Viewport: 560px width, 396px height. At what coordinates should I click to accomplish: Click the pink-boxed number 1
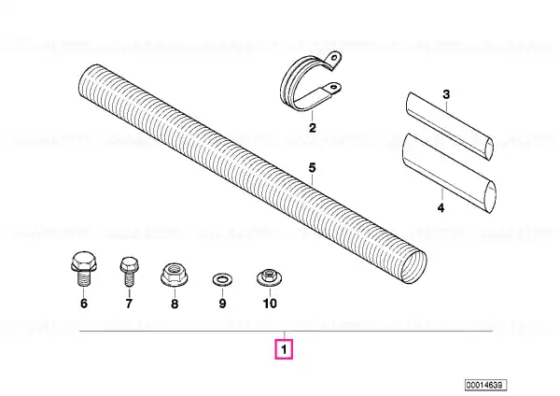[x=284, y=349]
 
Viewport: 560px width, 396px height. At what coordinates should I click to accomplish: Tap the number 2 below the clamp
[x=313, y=128]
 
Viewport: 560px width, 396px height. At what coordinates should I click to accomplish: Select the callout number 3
[x=446, y=94]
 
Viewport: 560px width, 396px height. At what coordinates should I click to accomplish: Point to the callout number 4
[x=441, y=207]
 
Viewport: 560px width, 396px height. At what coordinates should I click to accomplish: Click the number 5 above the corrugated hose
[x=312, y=167]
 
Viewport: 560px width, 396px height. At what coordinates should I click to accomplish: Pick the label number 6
[x=84, y=304]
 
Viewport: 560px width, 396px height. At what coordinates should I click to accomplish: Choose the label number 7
[x=129, y=304]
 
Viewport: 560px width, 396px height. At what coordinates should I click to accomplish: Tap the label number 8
[x=175, y=304]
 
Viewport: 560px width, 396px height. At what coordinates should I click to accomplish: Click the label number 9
[x=222, y=304]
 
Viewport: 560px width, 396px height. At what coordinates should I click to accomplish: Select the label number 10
[x=270, y=304]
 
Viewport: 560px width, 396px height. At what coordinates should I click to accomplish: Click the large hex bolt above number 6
[x=84, y=268]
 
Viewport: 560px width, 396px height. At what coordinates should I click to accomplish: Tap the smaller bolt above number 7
[x=129, y=271]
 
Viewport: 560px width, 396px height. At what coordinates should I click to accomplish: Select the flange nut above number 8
[x=175, y=275]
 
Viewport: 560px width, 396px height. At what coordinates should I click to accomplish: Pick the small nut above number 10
[x=270, y=276]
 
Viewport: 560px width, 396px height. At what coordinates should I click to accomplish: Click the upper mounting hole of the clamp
[x=334, y=58]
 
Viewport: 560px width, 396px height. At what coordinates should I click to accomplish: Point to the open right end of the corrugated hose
[x=413, y=267]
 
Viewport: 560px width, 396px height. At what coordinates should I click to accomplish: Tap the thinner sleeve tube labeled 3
[x=450, y=126]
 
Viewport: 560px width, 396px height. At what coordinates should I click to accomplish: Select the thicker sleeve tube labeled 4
[x=449, y=174]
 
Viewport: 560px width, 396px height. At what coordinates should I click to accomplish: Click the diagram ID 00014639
[x=485, y=385]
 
